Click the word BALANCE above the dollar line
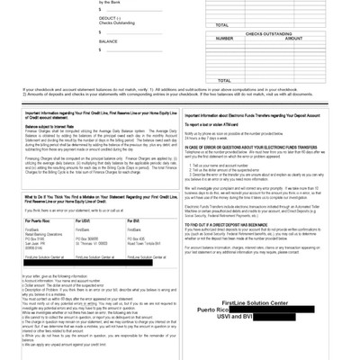pos(109,40)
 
